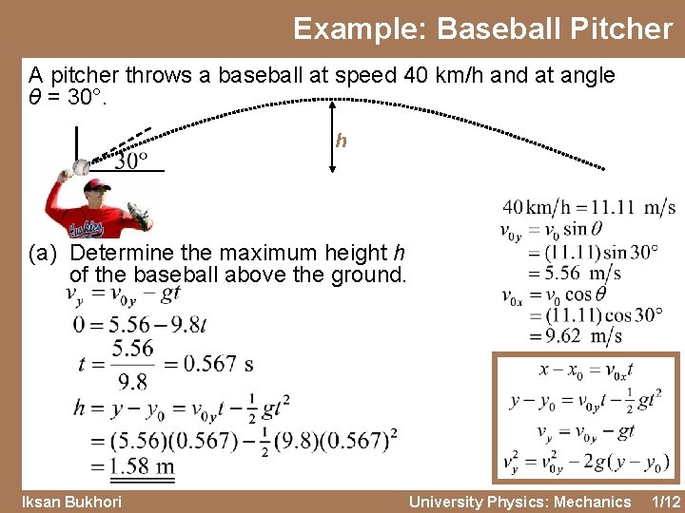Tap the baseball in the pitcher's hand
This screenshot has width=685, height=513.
[79, 167]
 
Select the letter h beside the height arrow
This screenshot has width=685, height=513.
[341, 141]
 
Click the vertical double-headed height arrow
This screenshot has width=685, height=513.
[331, 137]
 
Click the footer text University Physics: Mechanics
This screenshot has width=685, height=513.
[519, 501]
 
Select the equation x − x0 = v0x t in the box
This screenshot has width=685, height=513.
[585, 370]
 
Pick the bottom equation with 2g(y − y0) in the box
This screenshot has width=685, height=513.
[585, 463]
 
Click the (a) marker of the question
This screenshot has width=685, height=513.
[44, 254]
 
